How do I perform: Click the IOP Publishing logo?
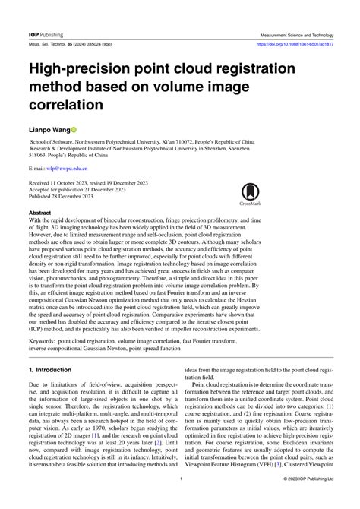[46, 35]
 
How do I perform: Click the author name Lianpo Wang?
[54, 130]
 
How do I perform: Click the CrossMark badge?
[249, 194]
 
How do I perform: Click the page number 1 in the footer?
[181, 501]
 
